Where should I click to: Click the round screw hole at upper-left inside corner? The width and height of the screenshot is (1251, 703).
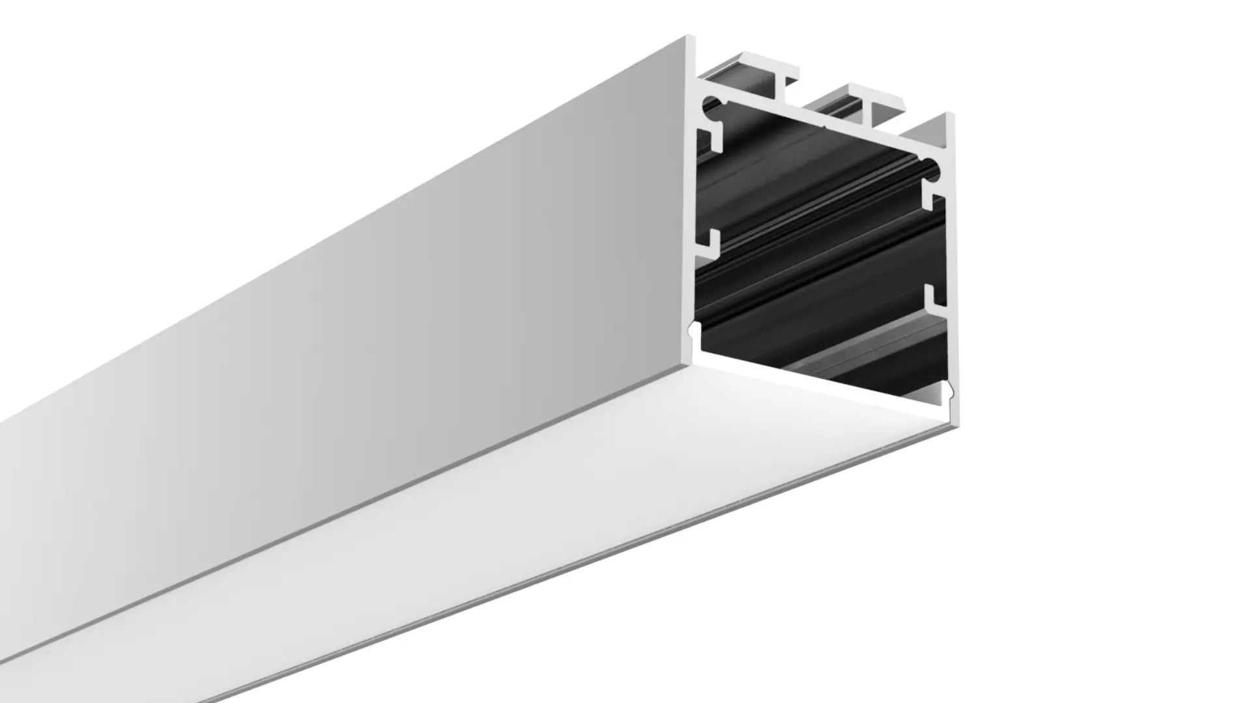pyautogui.click(x=712, y=104)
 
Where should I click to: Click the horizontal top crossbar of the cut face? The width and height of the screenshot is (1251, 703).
pyautogui.click(x=814, y=123)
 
